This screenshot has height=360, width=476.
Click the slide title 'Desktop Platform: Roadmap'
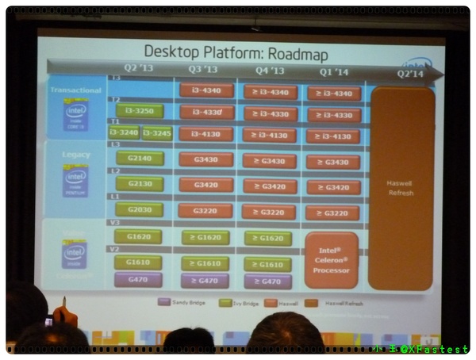[235, 54]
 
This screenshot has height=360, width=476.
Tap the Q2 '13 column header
[138, 69]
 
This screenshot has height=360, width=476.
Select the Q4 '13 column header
[270, 71]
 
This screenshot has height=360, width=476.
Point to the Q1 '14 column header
[333, 71]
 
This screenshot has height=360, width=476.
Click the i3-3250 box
[139, 110]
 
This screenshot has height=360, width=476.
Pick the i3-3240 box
[124, 132]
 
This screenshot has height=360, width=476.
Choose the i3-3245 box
[156, 133]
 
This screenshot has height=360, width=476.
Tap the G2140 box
[139, 159]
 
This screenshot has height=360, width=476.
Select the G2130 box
[139, 183]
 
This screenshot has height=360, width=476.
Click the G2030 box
[139, 209]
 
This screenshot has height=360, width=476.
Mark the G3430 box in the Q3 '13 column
[206, 161]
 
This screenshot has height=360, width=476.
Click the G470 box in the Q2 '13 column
[138, 279]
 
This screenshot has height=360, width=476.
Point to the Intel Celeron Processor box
[332, 259]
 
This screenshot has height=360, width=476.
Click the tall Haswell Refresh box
[401, 188]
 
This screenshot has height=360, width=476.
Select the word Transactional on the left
[76, 90]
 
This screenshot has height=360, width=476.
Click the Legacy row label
[77, 155]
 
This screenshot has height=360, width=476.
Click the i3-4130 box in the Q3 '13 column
[206, 135]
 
